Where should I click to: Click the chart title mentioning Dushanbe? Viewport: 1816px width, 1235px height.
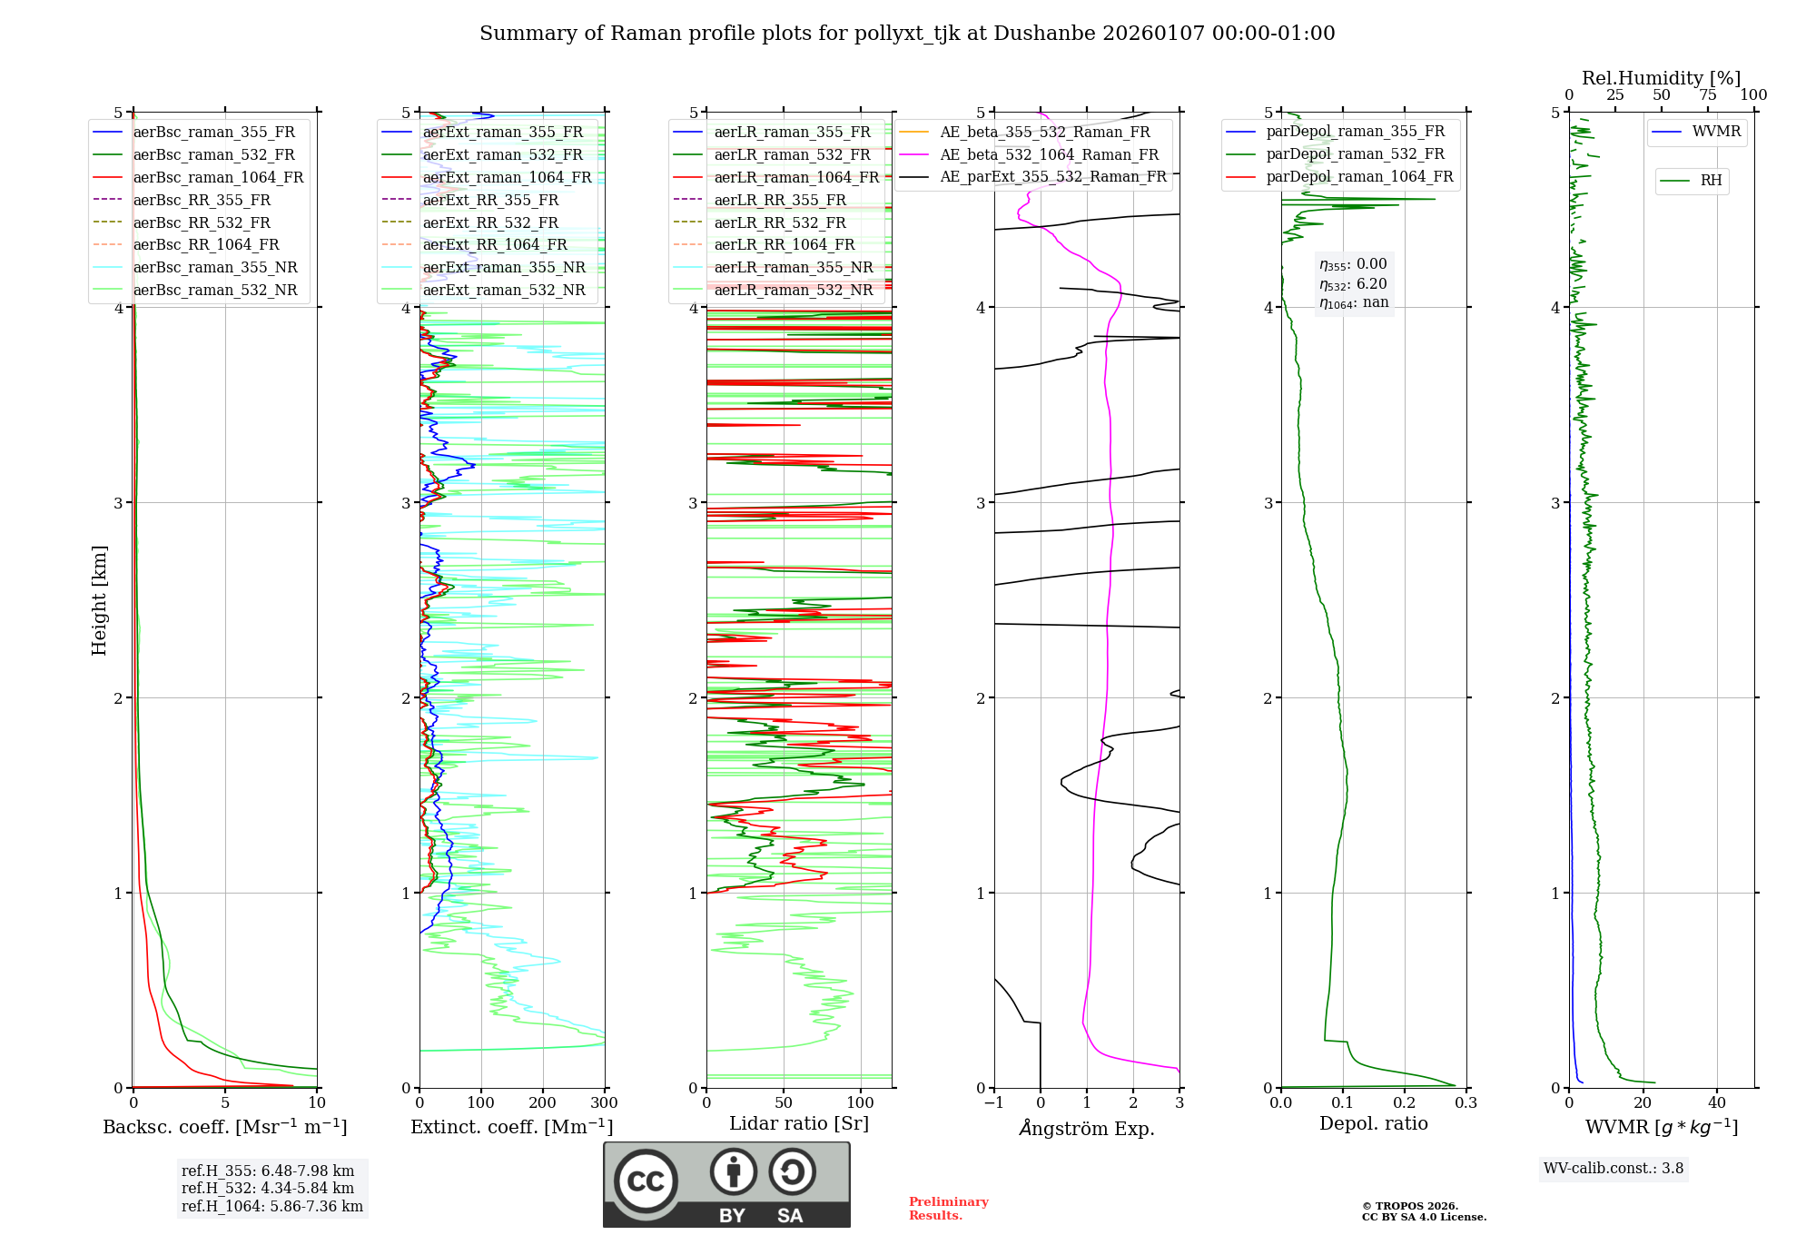click(907, 34)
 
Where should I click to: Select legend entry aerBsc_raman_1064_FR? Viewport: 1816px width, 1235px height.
click(218, 177)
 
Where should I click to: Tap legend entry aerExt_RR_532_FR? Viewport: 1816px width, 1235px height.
click(490, 222)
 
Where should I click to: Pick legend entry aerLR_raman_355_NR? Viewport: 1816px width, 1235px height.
click(793, 267)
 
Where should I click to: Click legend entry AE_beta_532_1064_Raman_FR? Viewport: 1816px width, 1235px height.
click(1049, 154)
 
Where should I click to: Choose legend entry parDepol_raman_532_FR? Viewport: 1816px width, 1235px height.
click(1355, 154)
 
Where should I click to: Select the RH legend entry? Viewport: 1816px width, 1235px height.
click(1711, 181)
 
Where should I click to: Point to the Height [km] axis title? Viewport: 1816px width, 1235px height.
click(99, 600)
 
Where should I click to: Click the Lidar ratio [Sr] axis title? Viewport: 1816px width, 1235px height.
click(799, 1123)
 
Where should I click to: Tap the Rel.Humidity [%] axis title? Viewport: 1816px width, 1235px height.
click(1661, 78)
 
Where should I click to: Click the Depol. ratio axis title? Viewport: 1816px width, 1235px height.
click(1373, 1123)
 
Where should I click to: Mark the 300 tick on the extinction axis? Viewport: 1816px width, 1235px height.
click(605, 1103)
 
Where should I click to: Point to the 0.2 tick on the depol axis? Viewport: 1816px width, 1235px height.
click(1405, 1103)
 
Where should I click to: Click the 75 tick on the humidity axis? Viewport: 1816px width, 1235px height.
click(1707, 95)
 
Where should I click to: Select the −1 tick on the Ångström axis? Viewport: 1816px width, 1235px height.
click(993, 1103)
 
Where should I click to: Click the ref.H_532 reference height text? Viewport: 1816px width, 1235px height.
click(267, 1188)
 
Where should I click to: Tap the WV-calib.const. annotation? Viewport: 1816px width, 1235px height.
click(1614, 1169)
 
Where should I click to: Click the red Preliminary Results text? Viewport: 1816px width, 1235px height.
click(948, 1209)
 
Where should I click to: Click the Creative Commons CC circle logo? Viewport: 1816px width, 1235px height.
click(646, 1181)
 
